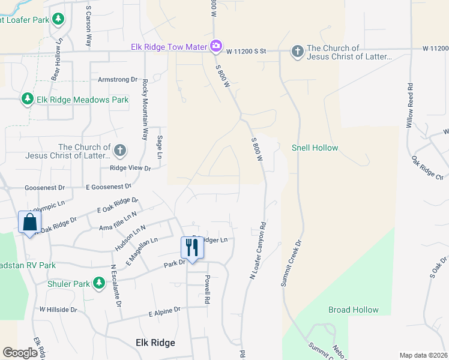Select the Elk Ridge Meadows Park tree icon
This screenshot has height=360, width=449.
tap(26, 99)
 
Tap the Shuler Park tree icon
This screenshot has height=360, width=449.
tap(98, 283)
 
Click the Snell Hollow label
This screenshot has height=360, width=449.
tap(315, 148)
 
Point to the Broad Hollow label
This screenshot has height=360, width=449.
tap(354, 310)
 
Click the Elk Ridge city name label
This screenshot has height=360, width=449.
tap(155, 343)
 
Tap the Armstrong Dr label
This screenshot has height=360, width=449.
tap(118, 79)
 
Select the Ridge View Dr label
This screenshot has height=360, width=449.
tap(130, 168)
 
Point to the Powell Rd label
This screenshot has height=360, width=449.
tap(206, 289)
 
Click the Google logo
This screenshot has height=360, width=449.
tap(20, 353)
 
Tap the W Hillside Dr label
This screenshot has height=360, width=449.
tap(59, 310)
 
